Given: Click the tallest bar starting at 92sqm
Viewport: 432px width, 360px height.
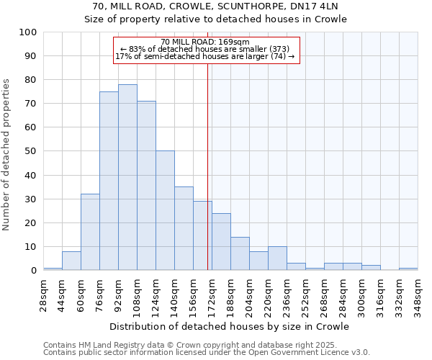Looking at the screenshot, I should [127, 177].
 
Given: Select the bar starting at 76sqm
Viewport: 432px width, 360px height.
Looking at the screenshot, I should [109, 181].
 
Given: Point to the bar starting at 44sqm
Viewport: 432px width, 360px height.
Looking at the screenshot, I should [71, 261].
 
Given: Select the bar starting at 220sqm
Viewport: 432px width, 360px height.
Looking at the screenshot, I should [277, 258].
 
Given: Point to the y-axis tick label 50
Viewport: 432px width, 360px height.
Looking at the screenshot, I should [31, 151].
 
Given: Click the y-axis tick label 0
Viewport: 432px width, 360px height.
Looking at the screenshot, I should [34, 271].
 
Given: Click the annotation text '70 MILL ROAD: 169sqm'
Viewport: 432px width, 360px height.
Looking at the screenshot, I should [205, 42].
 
